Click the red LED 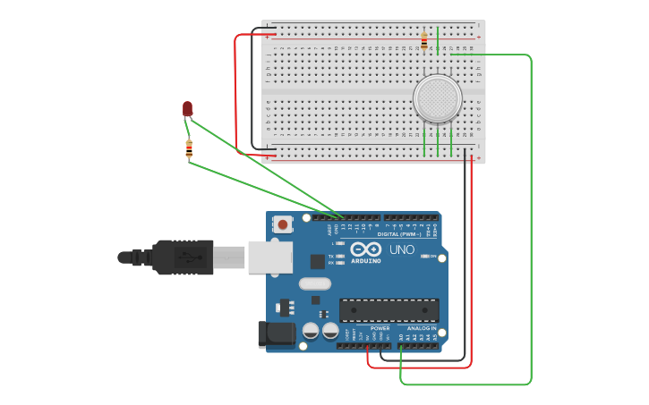coord(187,108)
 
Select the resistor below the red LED coord(189,149)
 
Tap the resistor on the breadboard coord(424,40)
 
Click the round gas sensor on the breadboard coord(437,97)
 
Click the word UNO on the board coord(402,249)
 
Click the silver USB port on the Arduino coord(269,257)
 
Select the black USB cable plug coord(184,257)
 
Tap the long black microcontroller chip coord(389,310)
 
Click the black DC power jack coord(276,333)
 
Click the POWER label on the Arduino coord(380,328)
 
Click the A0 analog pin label coord(401,337)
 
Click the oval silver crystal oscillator coord(314,284)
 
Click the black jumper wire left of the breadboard coord(252,89)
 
